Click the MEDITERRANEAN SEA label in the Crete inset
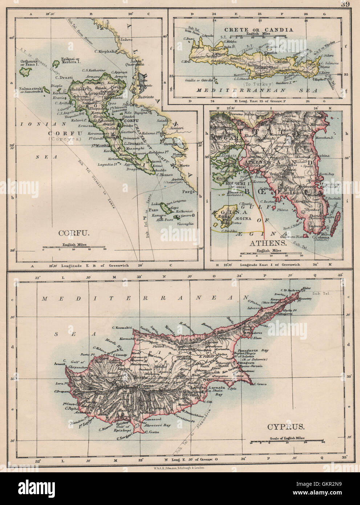[256, 90]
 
